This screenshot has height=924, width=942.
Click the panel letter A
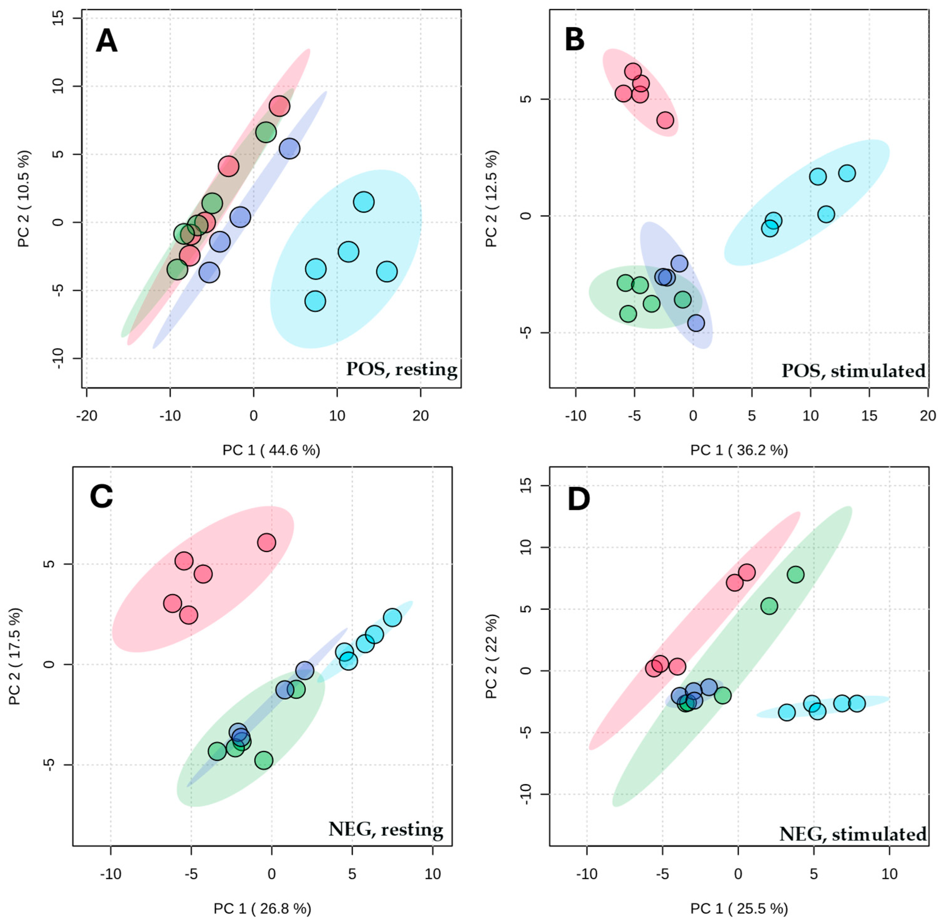pos(106,41)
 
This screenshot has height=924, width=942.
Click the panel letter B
pos(575,40)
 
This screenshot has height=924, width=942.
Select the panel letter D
pos(579,499)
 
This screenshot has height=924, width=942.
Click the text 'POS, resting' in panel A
pos(402,370)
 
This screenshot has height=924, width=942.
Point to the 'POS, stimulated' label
pos(853,371)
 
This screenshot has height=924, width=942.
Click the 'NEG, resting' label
pos(386,829)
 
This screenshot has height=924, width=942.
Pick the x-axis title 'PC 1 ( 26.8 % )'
pos(262,908)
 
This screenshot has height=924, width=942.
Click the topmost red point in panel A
pos(280,106)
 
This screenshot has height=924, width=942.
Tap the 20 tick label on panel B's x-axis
pos(928,416)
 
